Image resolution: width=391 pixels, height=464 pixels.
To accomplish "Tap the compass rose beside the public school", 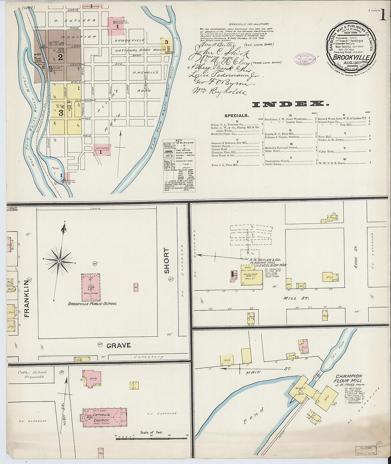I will coord(59,261).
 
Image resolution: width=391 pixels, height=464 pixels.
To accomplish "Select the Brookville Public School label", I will coord(92,304).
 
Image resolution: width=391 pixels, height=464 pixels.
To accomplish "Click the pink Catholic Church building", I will coord(105,417).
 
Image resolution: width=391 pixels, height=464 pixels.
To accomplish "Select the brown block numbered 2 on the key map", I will coord(60,57).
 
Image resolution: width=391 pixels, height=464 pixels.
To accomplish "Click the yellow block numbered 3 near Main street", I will coord(61,113).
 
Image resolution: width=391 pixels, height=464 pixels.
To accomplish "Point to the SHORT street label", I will coord(167,261).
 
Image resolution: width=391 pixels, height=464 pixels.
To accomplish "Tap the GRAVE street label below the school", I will coord(118,345).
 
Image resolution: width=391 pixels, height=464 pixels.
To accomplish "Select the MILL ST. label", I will coord(296,298).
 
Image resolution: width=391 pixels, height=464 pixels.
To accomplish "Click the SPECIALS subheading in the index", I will coord(236,116).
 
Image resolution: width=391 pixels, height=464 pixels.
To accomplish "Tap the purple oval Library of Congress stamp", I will coord(305,59).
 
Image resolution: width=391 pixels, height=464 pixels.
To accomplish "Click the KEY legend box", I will coord(179,165).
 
